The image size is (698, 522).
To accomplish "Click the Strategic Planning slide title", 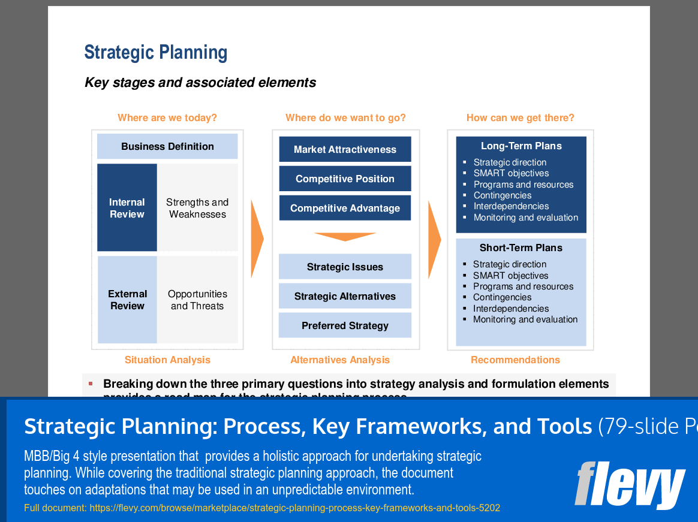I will pos(156,53).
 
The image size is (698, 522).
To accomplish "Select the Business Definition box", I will pos(167,146).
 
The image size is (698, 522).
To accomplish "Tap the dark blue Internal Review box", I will pos(127,208).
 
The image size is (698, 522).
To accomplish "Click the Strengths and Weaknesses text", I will pos(197,208).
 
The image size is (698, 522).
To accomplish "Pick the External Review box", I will pos(127,300).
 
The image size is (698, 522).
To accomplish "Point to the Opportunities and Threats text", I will pos(197,300).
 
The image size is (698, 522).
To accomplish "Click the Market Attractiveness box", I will pos(345,149).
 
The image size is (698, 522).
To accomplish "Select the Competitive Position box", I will pos(345,179).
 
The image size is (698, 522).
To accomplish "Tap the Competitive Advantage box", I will pos(345,208).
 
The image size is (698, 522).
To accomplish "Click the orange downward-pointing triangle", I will pos(345,236).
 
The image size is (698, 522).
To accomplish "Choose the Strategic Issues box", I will pos(345,267).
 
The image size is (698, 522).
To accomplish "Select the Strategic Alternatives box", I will pos(345,296).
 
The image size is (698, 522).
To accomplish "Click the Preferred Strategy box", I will pos(345,325).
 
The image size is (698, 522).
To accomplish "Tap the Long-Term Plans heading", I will pos(521,146).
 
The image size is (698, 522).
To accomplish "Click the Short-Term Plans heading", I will pos(521,248).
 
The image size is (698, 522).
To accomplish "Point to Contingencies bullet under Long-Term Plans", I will pos(503,195).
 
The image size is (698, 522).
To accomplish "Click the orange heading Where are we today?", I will pos(167,117).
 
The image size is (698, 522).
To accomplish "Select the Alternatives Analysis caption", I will pos(340,360).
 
